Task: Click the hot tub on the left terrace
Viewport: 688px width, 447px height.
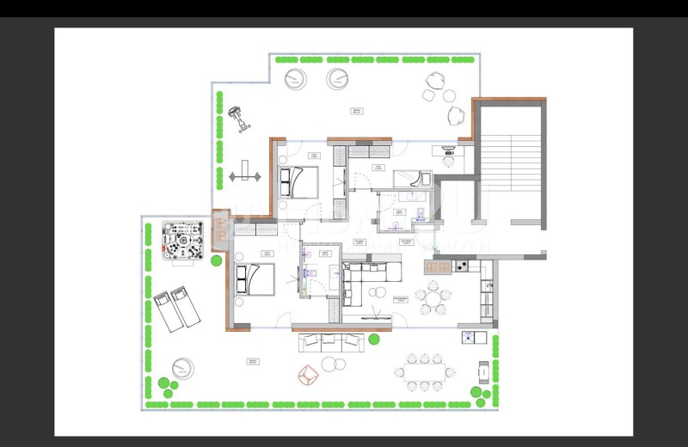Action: (182, 242)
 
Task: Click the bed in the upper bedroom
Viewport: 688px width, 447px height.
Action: (298, 181)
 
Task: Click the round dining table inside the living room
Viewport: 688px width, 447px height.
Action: (433, 301)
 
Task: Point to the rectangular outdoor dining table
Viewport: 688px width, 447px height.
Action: (425, 372)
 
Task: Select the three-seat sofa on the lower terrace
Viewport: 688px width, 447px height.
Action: (332, 341)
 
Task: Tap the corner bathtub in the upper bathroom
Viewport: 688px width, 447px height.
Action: (415, 179)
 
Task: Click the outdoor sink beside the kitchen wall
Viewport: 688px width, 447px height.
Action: (468, 337)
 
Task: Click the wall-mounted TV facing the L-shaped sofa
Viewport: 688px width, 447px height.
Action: (371, 316)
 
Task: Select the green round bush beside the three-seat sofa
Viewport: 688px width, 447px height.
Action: (374, 340)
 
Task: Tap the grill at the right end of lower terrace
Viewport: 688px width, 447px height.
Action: (483, 371)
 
